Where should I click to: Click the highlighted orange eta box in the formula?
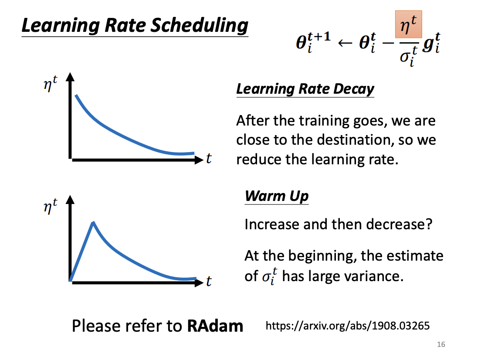click(408, 24)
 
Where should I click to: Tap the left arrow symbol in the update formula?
click(345, 43)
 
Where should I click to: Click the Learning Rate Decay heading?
click(305, 89)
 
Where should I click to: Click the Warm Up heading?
click(277, 196)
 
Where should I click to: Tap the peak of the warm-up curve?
click(93, 222)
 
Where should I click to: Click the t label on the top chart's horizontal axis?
click(209, 159)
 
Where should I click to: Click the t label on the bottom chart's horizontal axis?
click(209, 281)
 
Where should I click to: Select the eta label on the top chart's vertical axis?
click(50, 84)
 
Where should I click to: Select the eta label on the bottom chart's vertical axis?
click(50, 206)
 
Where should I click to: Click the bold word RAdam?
click(215, 326)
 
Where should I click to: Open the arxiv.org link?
click(348, 326)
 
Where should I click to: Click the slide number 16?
click(441, 344)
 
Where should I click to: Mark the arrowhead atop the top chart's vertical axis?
click(70, 77)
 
